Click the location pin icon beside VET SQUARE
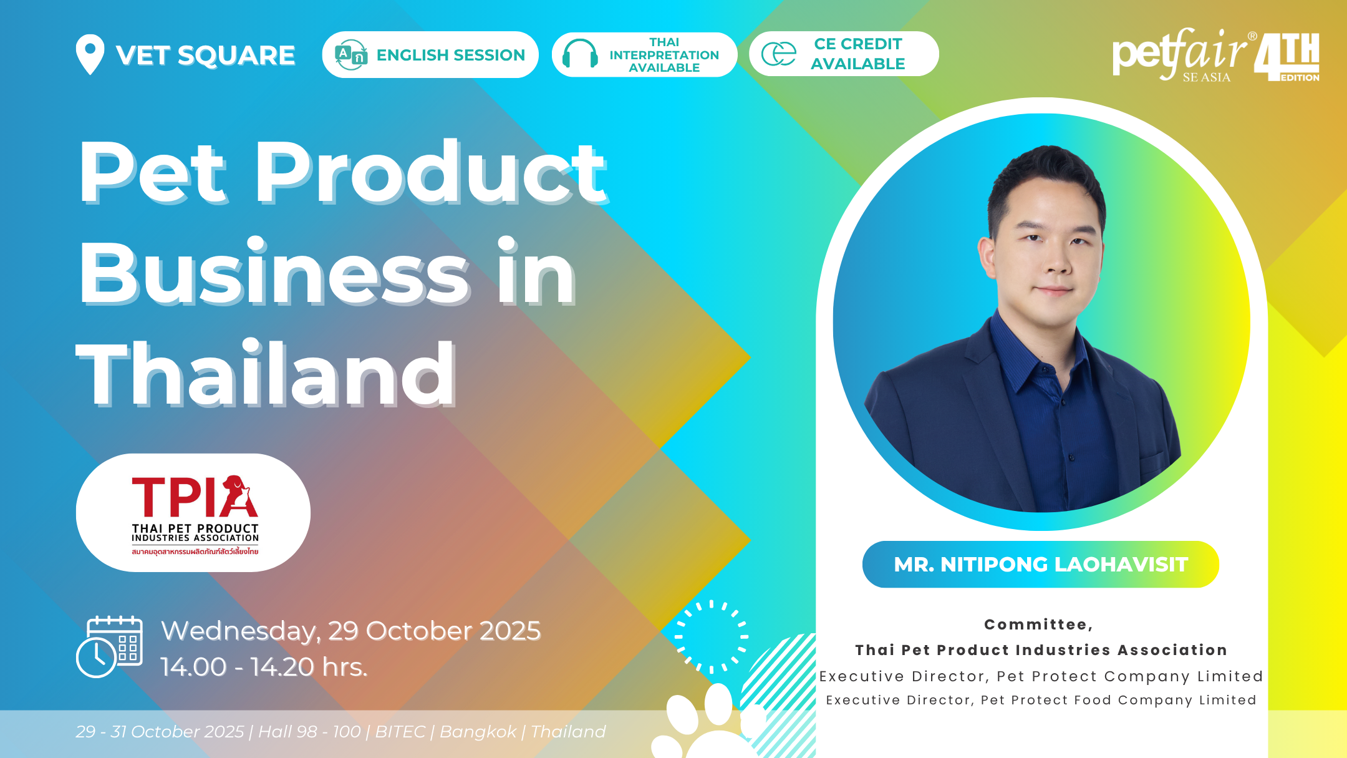tap(90, 54)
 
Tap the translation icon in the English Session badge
tap(350, 55)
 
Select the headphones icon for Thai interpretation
tap(580, 54)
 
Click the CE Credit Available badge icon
tap(779, 54)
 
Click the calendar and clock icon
tap(109, 646)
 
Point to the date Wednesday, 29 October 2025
tap(350, 631)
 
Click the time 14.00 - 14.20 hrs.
tap(264, 667)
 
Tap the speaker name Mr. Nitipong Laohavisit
tap(1041, 565)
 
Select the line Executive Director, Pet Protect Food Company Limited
tap(1041, 700)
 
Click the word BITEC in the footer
tap(400, 731)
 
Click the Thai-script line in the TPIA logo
tap(195, 551)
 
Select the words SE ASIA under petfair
tap(1207, 77)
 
